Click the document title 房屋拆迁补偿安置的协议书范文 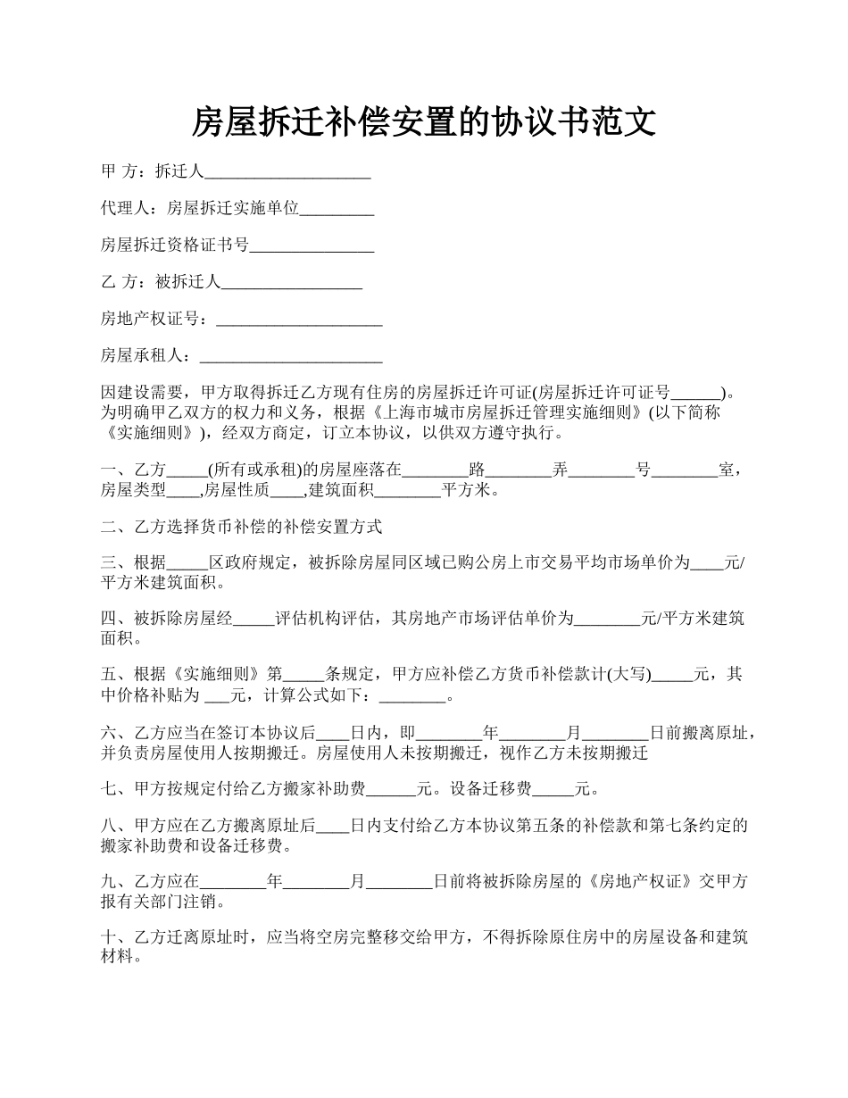(x=424, y=122)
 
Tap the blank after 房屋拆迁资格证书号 (x=312, y=245)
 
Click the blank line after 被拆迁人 (x=291, y=282)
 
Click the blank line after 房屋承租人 (x=291, y=355)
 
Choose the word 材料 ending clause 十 (x=118, y=957)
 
